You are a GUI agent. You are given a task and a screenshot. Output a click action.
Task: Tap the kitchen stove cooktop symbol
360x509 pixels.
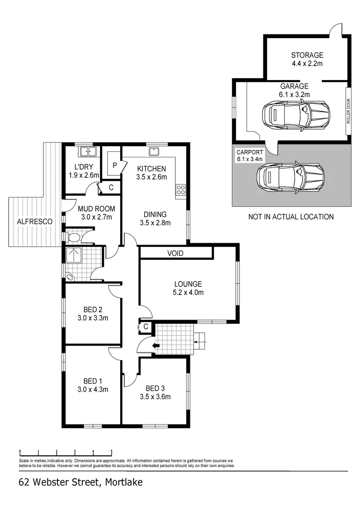(x=180, y=190)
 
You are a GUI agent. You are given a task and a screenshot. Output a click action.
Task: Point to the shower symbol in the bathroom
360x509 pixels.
(x=73, y=255)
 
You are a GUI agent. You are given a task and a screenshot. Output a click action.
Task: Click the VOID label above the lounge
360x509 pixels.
(x=175, y=254)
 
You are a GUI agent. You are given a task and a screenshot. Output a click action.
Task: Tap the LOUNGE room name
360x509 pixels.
(x=188, y=284)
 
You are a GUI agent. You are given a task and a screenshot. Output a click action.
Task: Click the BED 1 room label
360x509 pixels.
(x=93, y=381)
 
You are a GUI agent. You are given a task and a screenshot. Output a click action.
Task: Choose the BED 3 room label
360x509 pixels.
(x=155, y=388)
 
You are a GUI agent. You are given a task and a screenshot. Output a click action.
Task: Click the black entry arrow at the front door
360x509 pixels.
(x=156, y=346)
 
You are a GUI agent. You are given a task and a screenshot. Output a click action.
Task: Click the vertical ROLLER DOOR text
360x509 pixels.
(x=349, y=111)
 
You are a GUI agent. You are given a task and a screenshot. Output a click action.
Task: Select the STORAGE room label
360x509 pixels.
(x=307, y=55)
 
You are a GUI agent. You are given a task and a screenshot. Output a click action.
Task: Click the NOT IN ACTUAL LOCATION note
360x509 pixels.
(x=291, y=217)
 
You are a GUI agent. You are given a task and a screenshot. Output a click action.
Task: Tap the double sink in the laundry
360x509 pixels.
(x=88, y=152)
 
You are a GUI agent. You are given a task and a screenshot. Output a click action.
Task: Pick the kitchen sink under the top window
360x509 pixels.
(x=153, y=151)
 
